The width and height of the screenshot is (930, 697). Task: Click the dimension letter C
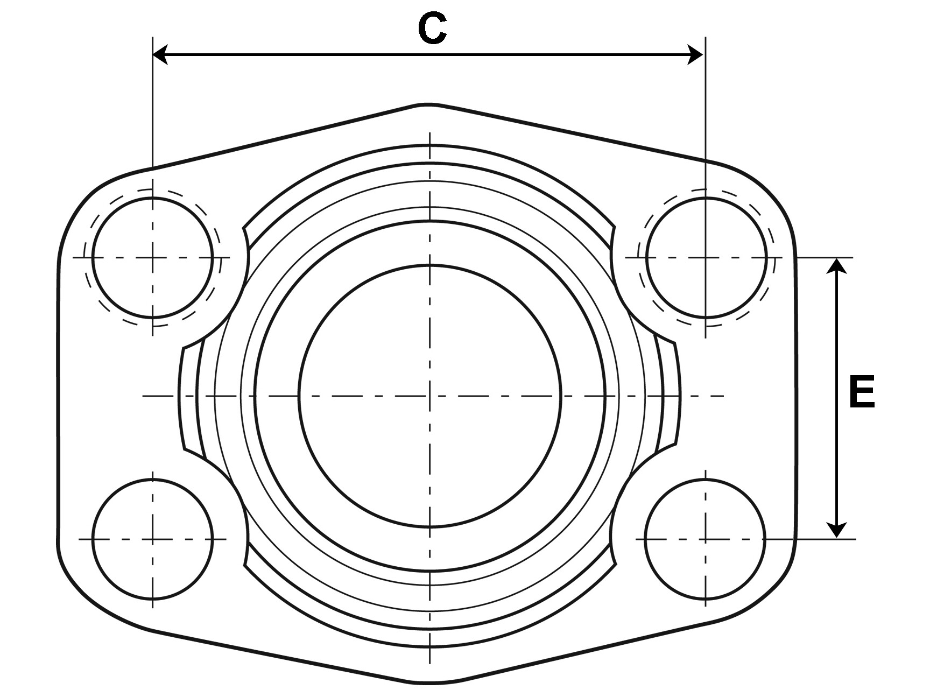pyautogui.click(x=432, y=29)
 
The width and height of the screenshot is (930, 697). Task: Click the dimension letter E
pyautogui.click(x=862, y=392)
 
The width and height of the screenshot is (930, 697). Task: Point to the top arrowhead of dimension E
pyautogui.click(x=836, y=266)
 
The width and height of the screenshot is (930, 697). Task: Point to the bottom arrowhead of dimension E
pyautogui.click(x=836, y=530)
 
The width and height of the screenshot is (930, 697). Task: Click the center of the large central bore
pyautogui.click(x=430, y=396)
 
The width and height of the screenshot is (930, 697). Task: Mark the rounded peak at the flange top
pyautogui.click(x=430, y=103)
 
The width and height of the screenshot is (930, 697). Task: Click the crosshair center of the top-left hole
pyautogui.click(x=153, y=257)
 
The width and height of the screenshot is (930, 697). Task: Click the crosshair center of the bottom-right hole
pyautogui.click(x=705, y=539)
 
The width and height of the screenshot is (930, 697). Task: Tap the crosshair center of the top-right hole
pyautogui.click(x=706, y=257)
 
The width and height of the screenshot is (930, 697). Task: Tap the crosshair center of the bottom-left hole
pyautogui.click(x=153, y=539)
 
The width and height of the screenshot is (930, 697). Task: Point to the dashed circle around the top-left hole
pyautogui.click(x=84, y=257)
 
